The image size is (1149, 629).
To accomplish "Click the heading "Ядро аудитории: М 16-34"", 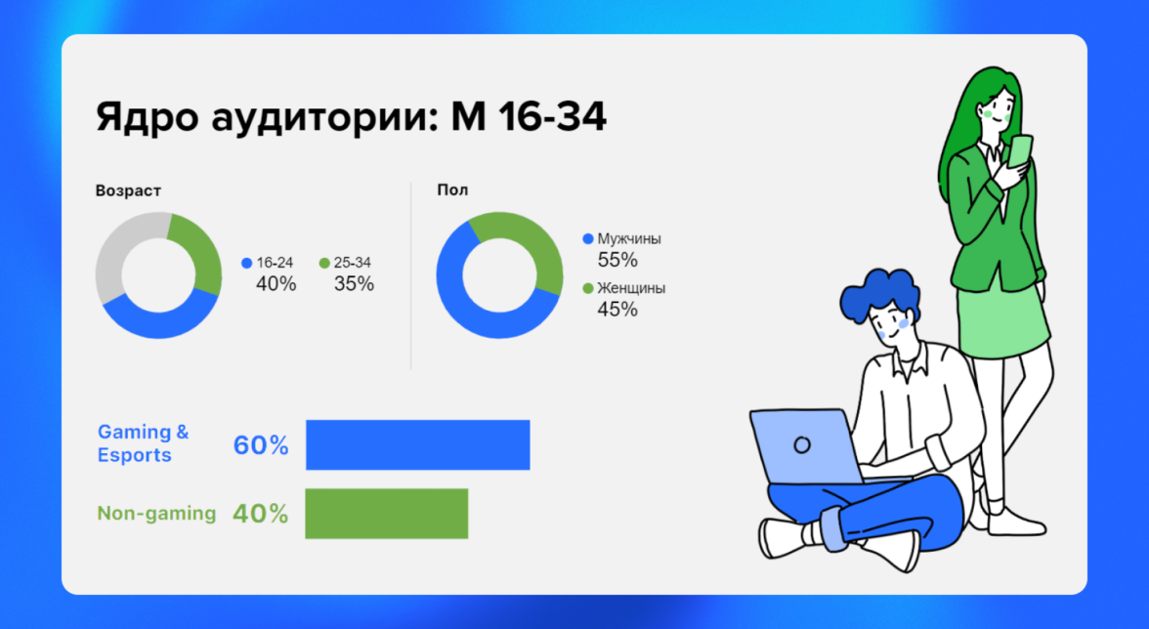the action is click(x=351, y=117).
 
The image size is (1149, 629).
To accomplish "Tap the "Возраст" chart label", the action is click(x=128, y=191).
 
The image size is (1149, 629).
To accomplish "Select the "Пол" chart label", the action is click(x=452, y=190).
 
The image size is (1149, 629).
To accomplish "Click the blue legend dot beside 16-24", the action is click(x=247, y=263).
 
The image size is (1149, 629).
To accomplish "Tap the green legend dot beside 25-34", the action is click(x=324, y=263).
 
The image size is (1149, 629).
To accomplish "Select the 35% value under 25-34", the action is click(x=354, y=284).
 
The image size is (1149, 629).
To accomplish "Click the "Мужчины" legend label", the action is click(x=629, y=238).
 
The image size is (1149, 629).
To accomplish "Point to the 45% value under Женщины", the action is click(x=617, y=309).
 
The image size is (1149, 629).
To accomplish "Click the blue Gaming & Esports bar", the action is click(x=418, y=444).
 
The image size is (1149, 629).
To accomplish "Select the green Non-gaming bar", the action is click(x=386, y=514).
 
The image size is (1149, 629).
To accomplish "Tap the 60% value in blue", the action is click(x=261, y=445).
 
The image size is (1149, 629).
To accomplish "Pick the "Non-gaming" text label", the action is click(x=156, y=514).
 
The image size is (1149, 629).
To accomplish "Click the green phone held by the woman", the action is click(x=1020, y=151).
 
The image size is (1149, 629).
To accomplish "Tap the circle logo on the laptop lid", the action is click(x=802, y=444).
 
